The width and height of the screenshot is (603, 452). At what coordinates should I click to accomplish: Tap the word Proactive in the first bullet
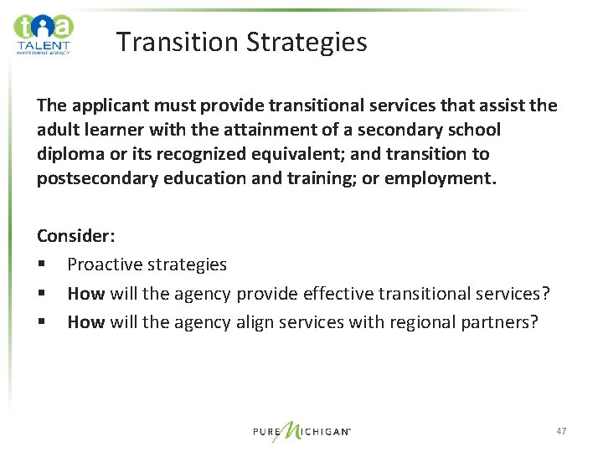coord(104,265)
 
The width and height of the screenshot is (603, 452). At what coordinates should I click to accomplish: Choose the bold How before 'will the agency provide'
coord(86,293)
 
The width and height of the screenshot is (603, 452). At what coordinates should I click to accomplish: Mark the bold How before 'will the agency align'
coord(86,321)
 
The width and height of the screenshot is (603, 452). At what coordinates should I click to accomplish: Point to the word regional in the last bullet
coord(406,321)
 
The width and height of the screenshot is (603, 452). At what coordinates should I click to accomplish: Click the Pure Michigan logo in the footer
coord(301,431)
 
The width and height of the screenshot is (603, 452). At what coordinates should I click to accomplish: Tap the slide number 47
coord(561,431)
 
